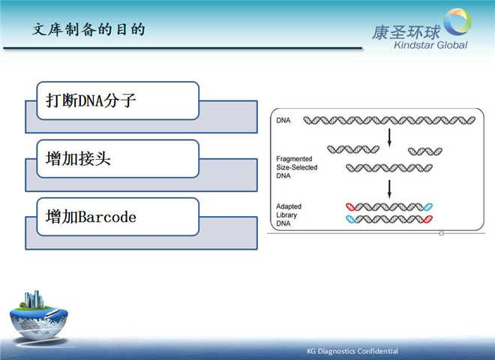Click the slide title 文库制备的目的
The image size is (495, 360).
tap(88, 30)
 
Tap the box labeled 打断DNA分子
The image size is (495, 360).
tap(118, 100)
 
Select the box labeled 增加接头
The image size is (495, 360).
tap(118, 159)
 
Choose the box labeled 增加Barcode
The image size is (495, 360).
tap(118, 217)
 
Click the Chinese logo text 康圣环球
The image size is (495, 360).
tap(406, 32)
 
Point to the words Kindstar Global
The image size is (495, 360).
tap(430, 45)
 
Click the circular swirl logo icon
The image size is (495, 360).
tap(457, 22)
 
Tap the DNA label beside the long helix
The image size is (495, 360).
tap(283, 120)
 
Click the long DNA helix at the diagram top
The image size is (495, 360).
tap(389, 120)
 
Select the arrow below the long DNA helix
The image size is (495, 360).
tap(389, 138)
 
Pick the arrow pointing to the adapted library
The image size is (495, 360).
tap(389, 189)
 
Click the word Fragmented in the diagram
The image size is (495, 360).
tap(294, 159)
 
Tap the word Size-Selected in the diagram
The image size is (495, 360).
tap(297, 167)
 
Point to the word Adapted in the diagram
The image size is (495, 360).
tap(289, 206)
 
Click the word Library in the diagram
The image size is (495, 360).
tap(286, 215)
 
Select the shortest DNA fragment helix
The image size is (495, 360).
tap(425, 151)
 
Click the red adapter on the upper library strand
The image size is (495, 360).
tap(351, 207)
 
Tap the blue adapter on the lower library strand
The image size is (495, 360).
tap(351, 219)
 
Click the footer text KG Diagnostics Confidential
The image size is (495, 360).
tap(352, 351)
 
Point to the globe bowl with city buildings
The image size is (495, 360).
tap(38, 316)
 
